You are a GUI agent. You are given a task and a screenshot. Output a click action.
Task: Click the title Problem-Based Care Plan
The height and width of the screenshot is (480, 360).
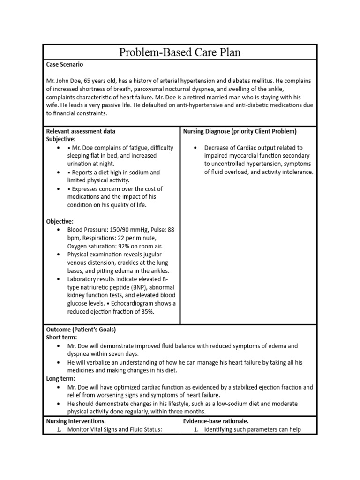180,52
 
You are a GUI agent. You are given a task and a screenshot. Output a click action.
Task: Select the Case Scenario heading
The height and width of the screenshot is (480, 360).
65,64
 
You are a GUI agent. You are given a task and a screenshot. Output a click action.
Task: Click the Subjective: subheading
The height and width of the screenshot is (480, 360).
60,139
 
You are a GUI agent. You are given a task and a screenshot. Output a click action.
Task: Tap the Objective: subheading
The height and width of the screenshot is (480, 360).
60,221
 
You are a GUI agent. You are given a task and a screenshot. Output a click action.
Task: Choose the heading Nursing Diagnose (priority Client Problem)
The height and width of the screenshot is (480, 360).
240,131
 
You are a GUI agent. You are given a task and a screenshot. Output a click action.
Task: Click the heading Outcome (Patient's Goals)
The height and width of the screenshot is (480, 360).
81,330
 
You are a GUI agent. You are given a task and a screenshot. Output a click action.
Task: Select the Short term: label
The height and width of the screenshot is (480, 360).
61,337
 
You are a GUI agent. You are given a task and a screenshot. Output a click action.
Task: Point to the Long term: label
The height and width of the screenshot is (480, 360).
60,379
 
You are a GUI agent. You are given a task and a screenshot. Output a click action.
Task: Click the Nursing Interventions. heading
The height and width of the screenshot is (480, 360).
75,421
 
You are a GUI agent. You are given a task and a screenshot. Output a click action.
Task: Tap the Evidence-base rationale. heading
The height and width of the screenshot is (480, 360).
216,421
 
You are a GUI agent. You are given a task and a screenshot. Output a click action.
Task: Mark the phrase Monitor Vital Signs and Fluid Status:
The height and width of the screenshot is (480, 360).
114,429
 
